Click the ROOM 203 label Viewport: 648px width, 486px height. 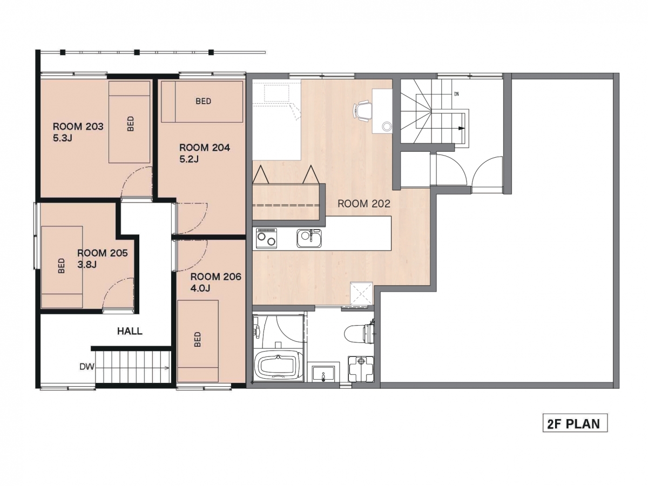pyautogui.click(x=78, y=126)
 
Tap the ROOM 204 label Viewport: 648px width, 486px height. pyautogui.click(x=205, y=147)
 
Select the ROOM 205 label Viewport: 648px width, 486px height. pyautogui.click(x=103, y=253)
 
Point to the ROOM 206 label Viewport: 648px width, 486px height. pyautogui.click(x=216, y=276)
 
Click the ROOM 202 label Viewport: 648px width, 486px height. pyautogui.click(x=364, y=204)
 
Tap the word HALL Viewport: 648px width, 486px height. pyautogui.click(x=130, y=331)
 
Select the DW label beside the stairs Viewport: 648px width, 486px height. pyautogui.click(x=87, y=367)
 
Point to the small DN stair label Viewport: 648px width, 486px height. pyautogui.click(x=457, y=94)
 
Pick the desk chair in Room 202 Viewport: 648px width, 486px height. pyautogui.click(x=362, y=111)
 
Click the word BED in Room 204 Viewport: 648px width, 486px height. pyautogui.click(x=204, y=101)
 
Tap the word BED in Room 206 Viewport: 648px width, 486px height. pyautogui.click(x=198, y=339)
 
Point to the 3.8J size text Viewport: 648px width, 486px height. pyautogui.click(x=87, y=265)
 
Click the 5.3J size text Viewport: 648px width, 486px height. pyautogui.click(x=63, y=138)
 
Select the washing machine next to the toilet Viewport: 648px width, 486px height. pyautogui.click(x=361, y=369)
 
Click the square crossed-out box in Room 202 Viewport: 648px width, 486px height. pyautogui.click(x=362, y=293)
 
